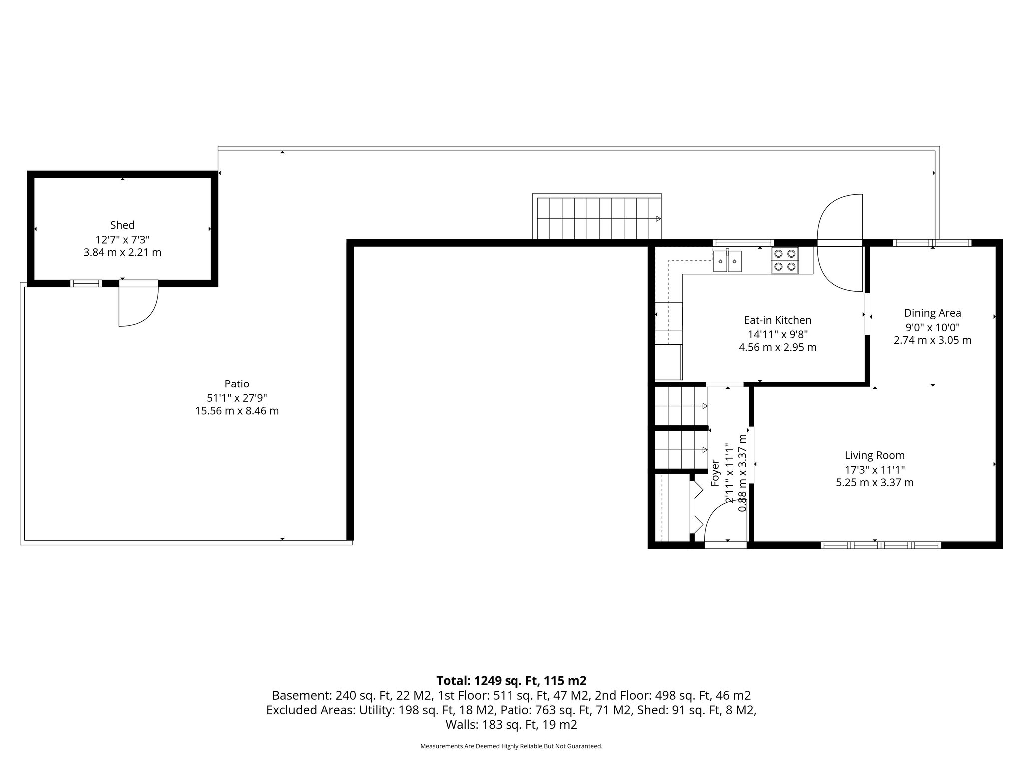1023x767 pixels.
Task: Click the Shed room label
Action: pyautogui.click(x=122, y=225)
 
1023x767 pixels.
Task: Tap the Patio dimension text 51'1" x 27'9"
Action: pyautogui.click(x=237, y=398)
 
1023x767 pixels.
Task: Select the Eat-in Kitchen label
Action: pyautogui.click(x=777, y=320)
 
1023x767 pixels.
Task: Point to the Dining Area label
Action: pyautogui.click(x=932, y=313)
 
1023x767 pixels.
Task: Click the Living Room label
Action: pyautogui.click(x=874, y=455)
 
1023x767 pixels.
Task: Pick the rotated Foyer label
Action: pyautogui.click(x=715, y=472)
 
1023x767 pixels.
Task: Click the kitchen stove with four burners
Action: pyautogui.click(x=784, y=260)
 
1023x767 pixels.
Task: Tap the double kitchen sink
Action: pyautogui.click(x=727, y=261)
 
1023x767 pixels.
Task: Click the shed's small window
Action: pyautogui.click(x=86, y=283)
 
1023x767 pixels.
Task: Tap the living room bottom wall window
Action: pyautogui.click(x=881, y=545)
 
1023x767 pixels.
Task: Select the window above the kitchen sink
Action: pyautogui.click(x=743, y=243)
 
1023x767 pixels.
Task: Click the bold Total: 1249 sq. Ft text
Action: pyautogui.click(x=511, y=681)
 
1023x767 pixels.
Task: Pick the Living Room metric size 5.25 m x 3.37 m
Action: pyautogui.click(x=874, y=483)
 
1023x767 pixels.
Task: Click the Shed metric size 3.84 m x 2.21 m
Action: pyautogui.click(x=122, y=253)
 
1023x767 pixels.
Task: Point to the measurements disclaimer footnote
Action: pyautogui.click(x=511, y=746)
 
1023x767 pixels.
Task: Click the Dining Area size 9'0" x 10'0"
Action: pyautogui.click(x=932, y=327)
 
